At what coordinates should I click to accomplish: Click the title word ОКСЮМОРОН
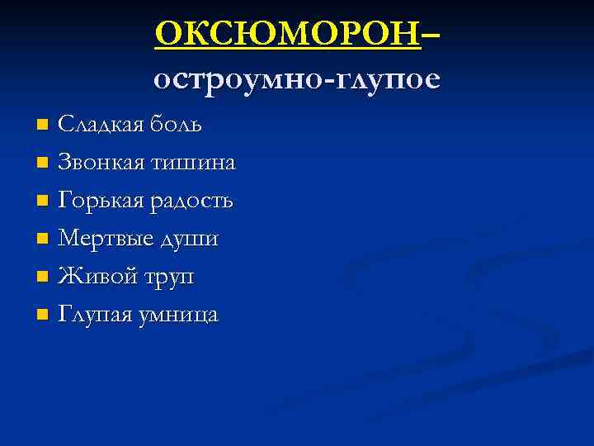tap(288, 34)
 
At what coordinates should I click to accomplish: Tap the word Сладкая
tap(101, 125)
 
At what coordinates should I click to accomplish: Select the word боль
tap(177, 125)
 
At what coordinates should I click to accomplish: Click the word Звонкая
tap(101, 163)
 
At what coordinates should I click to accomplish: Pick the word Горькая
tap(101, 201)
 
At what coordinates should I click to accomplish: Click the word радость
tap(191, 201)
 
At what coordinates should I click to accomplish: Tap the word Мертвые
tap(104, 240)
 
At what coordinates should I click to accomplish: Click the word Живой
tap(92, 277)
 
